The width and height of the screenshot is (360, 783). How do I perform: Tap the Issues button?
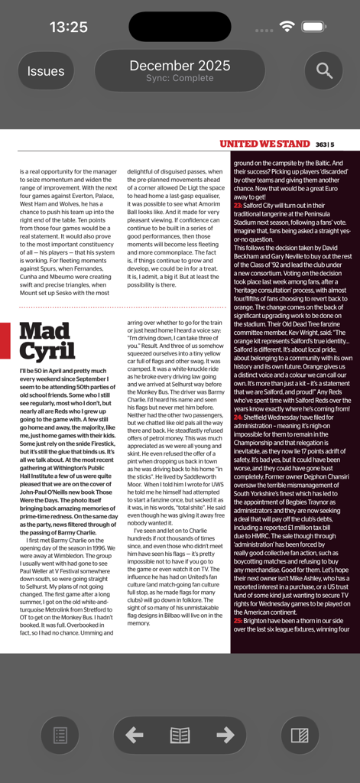(x=46, y=71)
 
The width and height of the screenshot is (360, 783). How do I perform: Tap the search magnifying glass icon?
(x=324, y=71)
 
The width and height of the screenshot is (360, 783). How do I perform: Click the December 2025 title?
(x=174, y=66)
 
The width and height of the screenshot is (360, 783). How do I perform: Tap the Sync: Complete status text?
(x=180, y=78)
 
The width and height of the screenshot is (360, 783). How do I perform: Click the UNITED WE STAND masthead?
(x=264, y=144)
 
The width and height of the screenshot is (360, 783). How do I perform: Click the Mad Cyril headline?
(x=47, y=341)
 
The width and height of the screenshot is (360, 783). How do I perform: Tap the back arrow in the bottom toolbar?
(x=135, y=735)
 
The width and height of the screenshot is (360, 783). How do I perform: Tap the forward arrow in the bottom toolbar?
(x=225, y=735)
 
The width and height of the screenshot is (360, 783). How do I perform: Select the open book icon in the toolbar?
(x=180, y=735)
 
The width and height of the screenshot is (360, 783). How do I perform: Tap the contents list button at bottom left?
(x=60, y=736)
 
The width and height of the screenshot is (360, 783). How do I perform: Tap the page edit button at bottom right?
(x=300, y=736)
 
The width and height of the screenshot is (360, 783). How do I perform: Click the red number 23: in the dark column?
(x=238, y=206)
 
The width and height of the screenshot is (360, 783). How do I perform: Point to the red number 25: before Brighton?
(x=238, y=621)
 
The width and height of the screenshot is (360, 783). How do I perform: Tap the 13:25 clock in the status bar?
(x=69, y=28)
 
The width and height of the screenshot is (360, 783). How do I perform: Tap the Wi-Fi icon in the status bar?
(x=287, y=27)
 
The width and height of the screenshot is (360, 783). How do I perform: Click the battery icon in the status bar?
(x=313, y=27)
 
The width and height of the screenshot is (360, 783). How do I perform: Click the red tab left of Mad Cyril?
(x=5, y=340)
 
